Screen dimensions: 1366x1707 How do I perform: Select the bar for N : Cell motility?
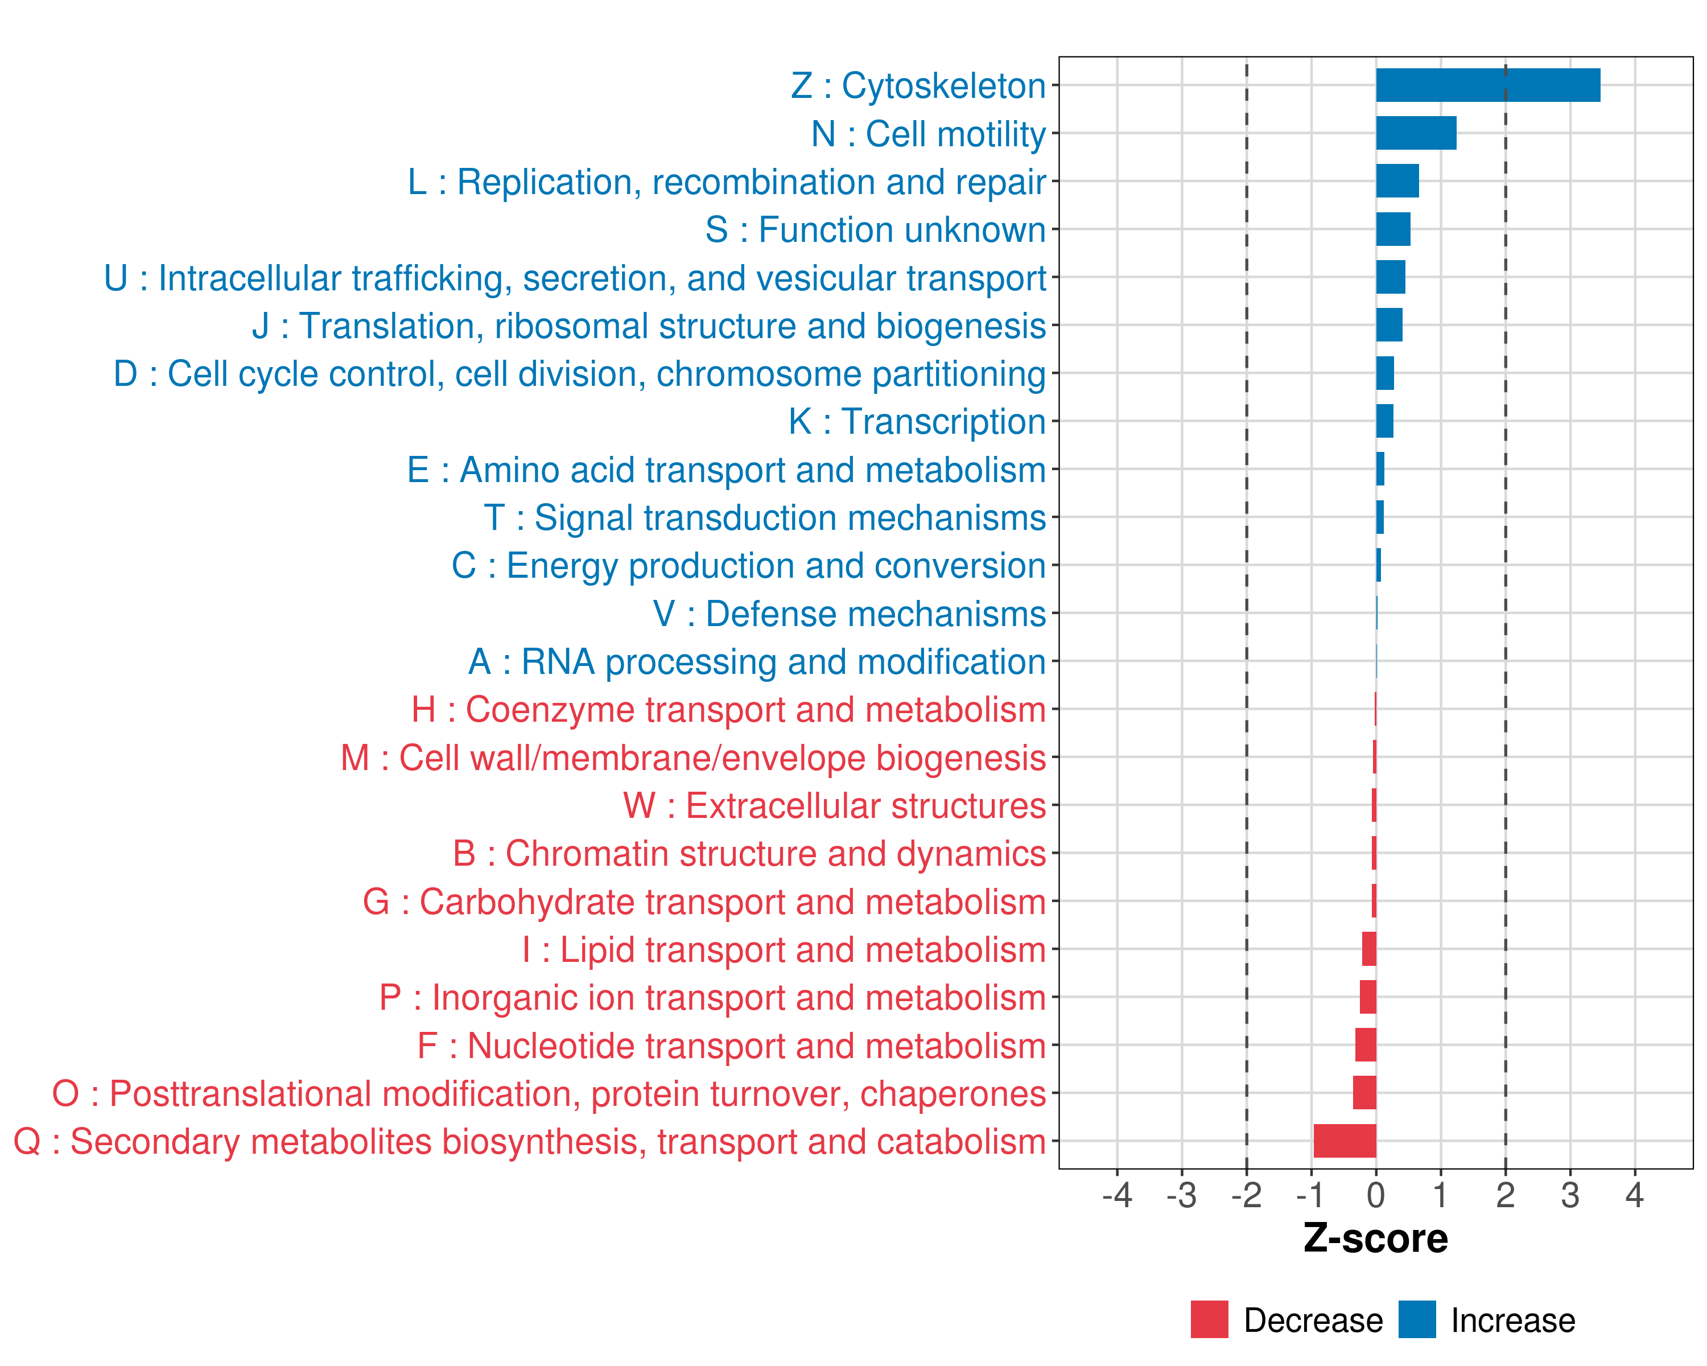click(1416, 133)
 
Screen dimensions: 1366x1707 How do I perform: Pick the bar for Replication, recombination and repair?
click(1397, 182)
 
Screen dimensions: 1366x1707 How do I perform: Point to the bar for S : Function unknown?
click(1393, 229)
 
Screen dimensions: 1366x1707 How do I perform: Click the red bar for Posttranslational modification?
click(1364, 1093)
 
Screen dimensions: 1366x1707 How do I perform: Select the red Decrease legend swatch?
click(1209, 1319)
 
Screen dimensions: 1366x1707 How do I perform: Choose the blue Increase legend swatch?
click(1416, 1319)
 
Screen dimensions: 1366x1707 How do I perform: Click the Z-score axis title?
click(1375, 1239)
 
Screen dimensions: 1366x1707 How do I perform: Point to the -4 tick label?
click(1116, 1195)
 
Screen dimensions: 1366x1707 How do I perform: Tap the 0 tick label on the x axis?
click(1376, 1195)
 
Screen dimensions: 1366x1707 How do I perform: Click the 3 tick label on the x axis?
click(1570, 1195)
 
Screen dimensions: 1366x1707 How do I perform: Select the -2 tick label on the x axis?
click(1246, 1195)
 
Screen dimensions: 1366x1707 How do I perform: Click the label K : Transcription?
click(917, 421)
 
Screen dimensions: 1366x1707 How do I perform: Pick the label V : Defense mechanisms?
click(849, 614)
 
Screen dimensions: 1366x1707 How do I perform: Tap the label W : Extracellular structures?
click(835, 805)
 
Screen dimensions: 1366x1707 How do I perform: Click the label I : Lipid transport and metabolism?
click(784, 949)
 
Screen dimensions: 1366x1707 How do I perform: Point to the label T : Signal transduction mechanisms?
click(765, 518)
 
